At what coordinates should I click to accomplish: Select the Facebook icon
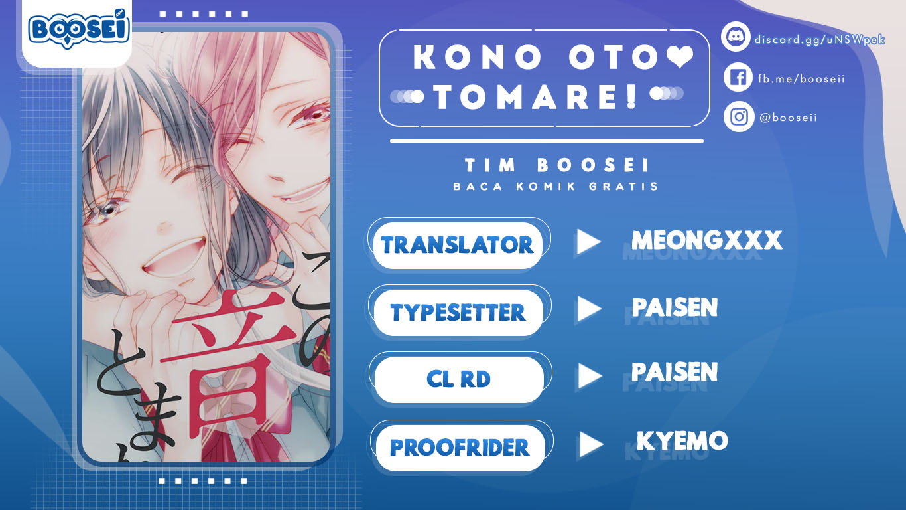coord(738,78)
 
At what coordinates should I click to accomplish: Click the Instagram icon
coord(738,117)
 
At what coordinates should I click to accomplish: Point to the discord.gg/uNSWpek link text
coord(819,39)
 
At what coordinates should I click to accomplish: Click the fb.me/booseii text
coord(801,79)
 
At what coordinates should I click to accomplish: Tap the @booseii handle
coord(788,118)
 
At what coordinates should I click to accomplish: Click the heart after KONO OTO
coord(679,58)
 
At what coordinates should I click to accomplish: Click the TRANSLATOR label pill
coord(458,245)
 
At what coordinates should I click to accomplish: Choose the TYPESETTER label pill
coord(458,312)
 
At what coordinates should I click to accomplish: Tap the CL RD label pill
coord(458,379)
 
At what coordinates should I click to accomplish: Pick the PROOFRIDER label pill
coord(460,448)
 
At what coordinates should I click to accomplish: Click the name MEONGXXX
coord(706,240)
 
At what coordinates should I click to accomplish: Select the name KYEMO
coord(682,440)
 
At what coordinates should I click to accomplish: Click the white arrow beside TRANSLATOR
coord(588,242)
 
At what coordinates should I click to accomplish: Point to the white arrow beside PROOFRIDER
coord(590,444)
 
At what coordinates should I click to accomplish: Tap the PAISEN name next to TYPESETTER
coord(675,307)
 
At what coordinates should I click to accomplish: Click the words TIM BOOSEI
coord(556,165)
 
